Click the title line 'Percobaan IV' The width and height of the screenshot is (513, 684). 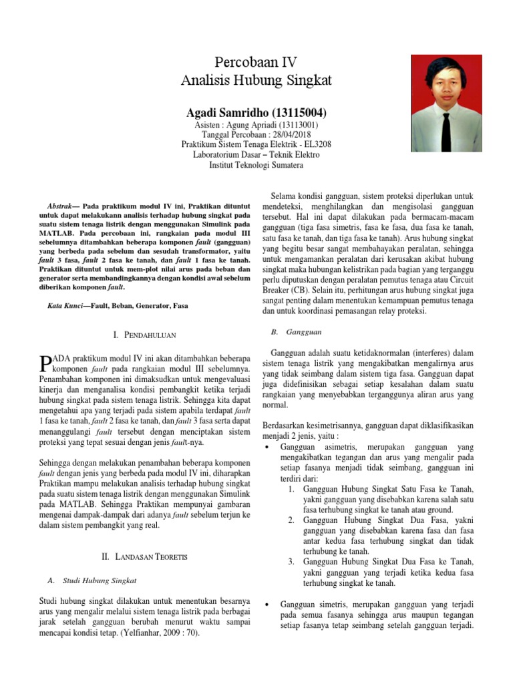[256, 63]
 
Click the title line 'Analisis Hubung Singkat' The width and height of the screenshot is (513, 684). [256, 81]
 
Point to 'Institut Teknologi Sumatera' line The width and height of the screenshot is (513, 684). [256, 164]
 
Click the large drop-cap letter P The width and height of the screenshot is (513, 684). [45, 363]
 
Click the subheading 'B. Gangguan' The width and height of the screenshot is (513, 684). [296, 331]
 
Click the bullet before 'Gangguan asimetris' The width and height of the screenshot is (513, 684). [268, 446]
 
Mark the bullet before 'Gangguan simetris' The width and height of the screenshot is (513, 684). [268, 605]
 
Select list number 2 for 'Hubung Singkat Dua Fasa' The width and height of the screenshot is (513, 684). [292, 519]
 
